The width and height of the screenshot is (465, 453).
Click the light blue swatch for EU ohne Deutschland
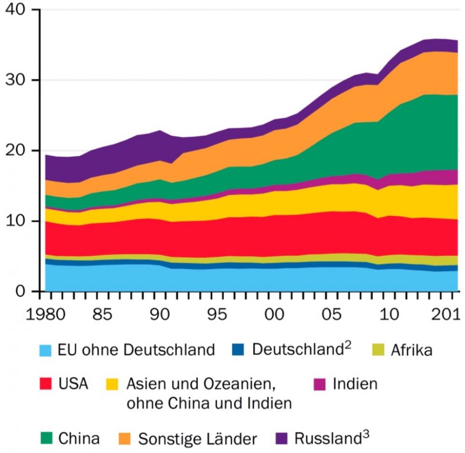tap(46, 351)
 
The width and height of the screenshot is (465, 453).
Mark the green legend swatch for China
tap(46, 438)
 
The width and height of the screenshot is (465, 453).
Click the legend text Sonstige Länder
tap(197, 438)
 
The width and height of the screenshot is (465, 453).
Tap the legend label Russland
tap(327, 438)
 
